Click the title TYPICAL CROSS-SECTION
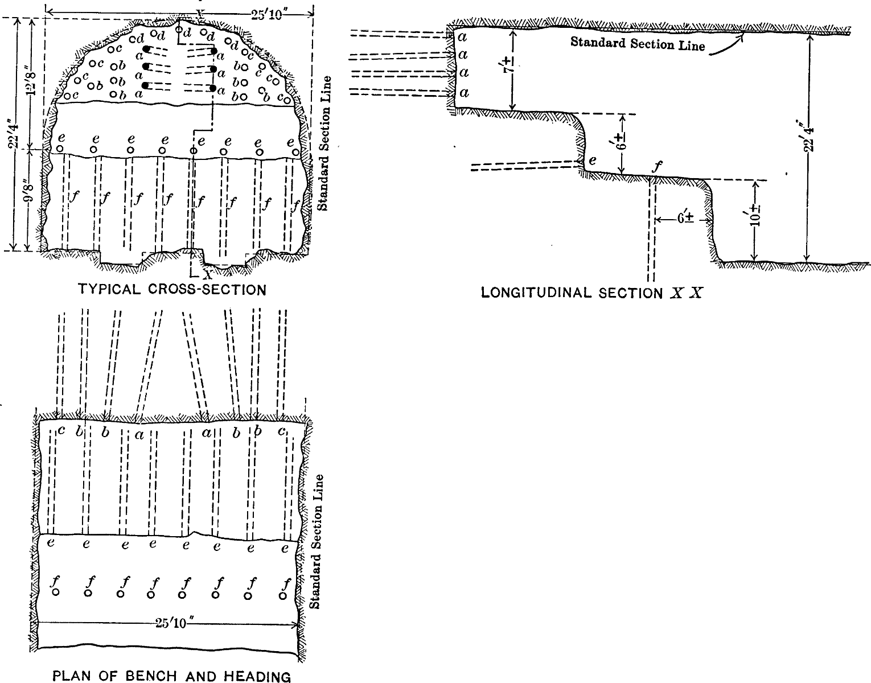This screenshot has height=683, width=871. [x=172, y=289]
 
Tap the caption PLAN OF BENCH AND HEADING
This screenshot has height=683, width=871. [x=171, y=676]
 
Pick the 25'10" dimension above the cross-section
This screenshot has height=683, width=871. [x=268, y=15]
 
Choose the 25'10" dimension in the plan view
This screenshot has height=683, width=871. [x=171, y=624]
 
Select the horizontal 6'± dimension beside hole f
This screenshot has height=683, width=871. [x=685, y=219]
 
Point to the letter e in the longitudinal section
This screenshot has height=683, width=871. [x=592, y=161]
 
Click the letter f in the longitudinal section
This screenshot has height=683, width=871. [x=658, y=166]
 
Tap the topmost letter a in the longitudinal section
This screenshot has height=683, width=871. [x=462, y=37]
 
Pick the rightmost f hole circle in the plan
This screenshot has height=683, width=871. [x=283, y=596]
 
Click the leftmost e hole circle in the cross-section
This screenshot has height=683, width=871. [x=60, y=149]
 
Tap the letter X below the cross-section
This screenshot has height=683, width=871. [x=207, y=275]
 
